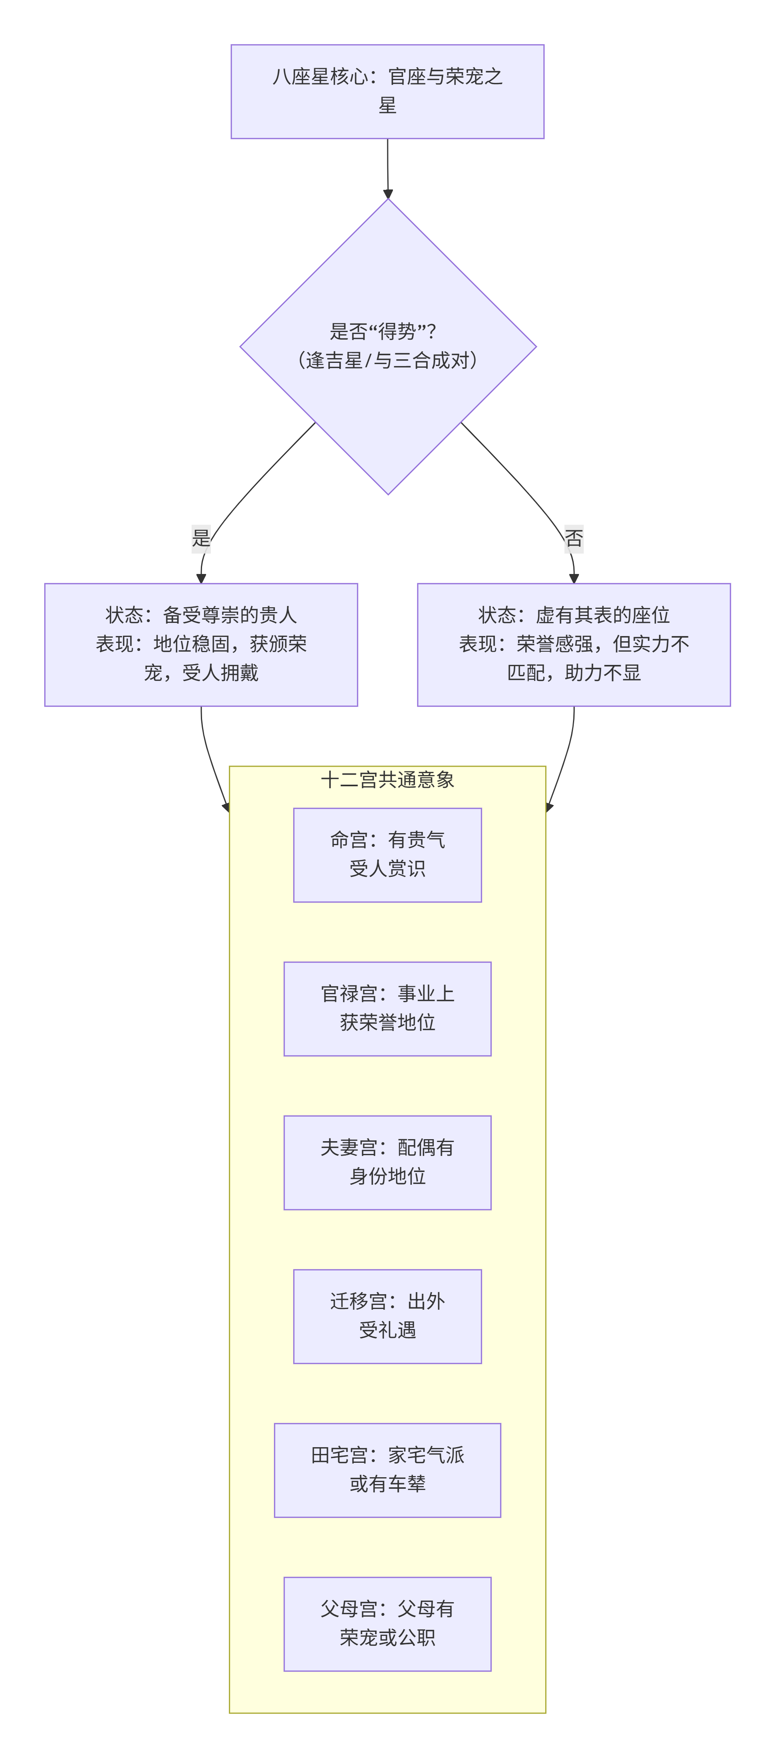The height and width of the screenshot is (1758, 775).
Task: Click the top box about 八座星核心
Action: (387, 91)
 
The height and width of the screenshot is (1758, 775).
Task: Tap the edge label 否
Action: (574, 538)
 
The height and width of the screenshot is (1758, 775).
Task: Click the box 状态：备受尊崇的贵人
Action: (201, 644)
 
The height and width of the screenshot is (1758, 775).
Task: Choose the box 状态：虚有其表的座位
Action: (574, 644)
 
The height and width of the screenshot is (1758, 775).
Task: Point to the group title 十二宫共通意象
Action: (387, 780)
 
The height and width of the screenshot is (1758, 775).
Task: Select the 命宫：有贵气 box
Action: (387, 854)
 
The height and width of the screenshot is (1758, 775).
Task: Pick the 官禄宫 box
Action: (387, 1008)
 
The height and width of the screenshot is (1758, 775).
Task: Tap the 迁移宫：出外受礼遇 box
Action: (387, 1316)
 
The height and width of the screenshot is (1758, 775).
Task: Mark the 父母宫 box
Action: (387, 1623)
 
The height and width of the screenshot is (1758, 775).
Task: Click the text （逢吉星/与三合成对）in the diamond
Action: (387, 360)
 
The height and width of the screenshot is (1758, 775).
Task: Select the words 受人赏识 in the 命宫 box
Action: (387, 869)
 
